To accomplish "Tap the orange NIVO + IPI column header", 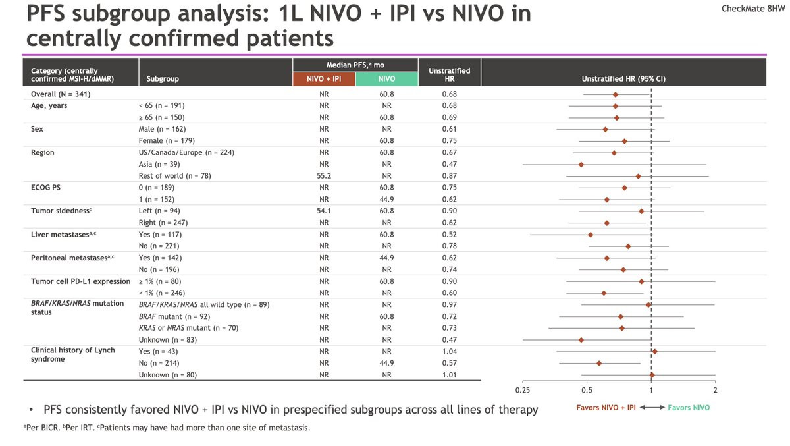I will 323,79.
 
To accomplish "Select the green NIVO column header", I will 386,79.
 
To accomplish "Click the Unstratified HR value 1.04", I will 450,351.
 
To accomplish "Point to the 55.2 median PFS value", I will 323,176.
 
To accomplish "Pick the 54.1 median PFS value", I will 323,211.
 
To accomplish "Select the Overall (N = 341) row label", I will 61,94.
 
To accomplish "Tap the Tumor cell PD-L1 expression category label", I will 81,281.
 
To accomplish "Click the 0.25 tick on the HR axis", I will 522,390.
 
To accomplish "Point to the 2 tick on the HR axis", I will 715,390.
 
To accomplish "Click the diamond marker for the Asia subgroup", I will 581,164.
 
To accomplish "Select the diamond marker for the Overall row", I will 615,94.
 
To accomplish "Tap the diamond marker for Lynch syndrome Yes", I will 654,351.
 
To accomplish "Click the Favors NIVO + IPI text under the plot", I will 606,408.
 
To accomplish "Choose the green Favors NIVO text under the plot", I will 689,408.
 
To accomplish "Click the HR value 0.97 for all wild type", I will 450,304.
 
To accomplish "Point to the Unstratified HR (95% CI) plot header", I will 623,79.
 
